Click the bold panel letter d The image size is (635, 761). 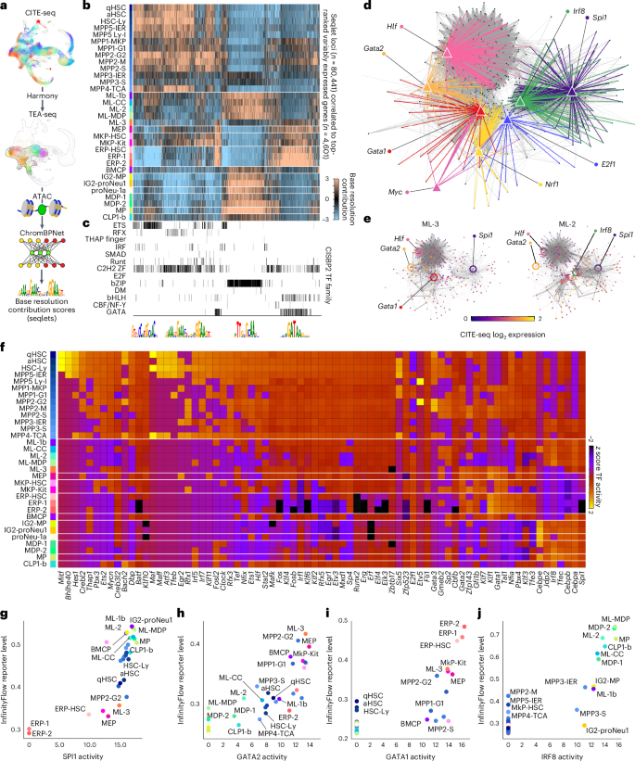click(368, 7)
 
